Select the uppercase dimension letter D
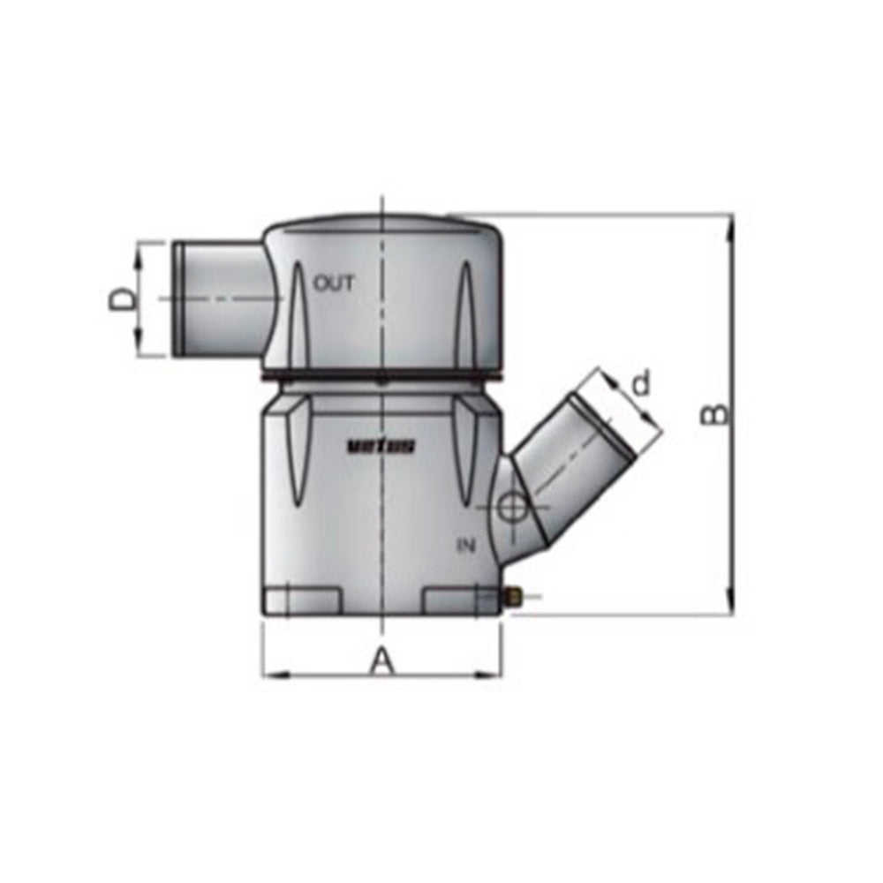click(x=125, y=299)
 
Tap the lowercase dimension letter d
click(x=642, y=383)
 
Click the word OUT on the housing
click(x=334, y=284)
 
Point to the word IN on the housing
click(x=466, y=546)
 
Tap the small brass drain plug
click(x=511, y=598)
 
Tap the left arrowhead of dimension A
click(x=272, y=675)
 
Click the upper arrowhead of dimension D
click(x=140, y=252)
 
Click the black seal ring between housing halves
click(x=380, y=380)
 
